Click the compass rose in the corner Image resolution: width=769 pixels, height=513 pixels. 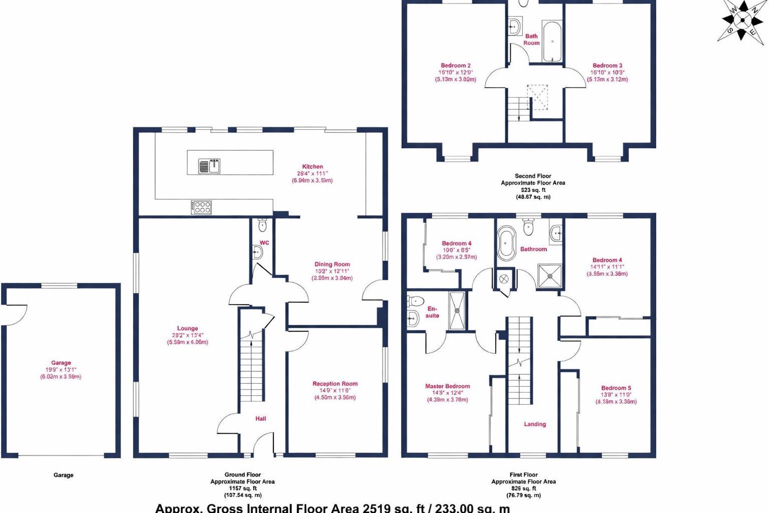(x=742, y=20)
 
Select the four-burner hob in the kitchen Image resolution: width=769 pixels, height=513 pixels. (x=201, y=207)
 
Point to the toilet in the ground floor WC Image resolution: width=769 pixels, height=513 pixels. (x=262, y=226)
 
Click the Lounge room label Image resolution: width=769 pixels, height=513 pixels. (x=187, y=329)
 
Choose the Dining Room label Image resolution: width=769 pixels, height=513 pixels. (x=332, y=265)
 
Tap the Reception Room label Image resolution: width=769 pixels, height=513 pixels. (x=335, y=384)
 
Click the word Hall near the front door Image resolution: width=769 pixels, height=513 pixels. (x=261, y=418)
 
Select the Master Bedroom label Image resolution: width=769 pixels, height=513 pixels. (x=448, y=386)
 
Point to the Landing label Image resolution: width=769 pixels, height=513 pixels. (x=535, y=424)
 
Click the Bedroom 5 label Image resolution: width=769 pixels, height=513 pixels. (x=616, y=388)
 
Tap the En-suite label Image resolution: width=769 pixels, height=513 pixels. (x=432, y=312)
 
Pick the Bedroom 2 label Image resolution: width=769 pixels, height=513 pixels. (x=456, y=66)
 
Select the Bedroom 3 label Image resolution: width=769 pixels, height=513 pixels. (x=607, y=66)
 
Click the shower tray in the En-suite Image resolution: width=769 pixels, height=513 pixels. (x=457, y=311)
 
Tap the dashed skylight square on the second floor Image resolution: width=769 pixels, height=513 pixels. (x=537, y=97)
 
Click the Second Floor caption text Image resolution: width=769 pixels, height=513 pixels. (x=533, y=176)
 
